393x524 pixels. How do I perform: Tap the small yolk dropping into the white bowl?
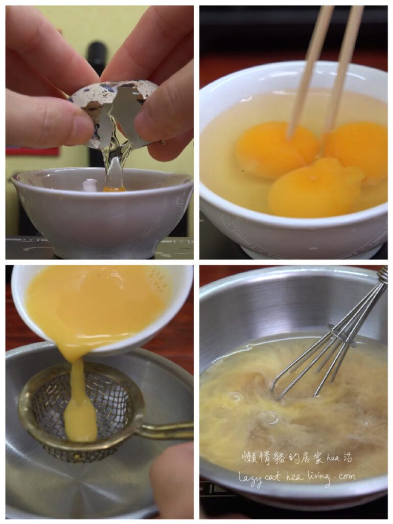click(x=114, y=189)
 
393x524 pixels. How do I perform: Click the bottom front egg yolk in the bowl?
click(x=315, y=189)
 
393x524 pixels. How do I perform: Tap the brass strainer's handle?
click(x=165, y=430)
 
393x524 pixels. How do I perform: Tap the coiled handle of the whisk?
click(x=383, y=275)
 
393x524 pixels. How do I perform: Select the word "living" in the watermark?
click(x=317, y=478)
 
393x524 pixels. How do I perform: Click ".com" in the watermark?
click(x=345, y=476)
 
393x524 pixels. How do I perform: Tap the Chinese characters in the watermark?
click(x=283, y=457)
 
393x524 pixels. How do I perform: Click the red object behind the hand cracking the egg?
click(x=32, y=151)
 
